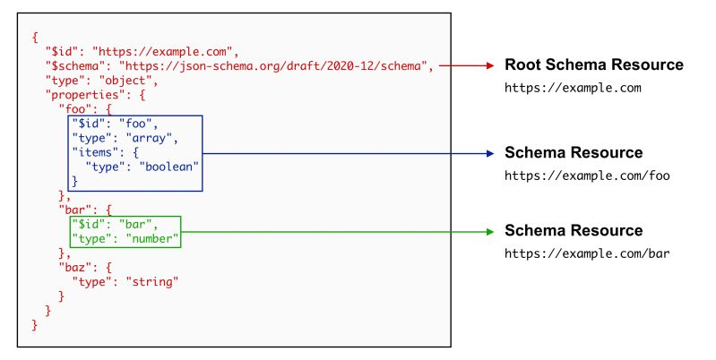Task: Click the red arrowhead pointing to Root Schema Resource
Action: click(x=489, y=65)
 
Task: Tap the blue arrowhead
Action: click(x=489, y=153)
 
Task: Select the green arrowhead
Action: click(x=489, y=231)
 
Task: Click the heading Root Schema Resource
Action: click(x=594, y=65)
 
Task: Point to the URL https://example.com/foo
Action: click(x=587, y=176)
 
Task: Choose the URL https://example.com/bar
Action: click(x=587, y=253)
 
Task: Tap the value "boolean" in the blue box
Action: click(x=167, y=167)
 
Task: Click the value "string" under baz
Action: click(x=149, y=281)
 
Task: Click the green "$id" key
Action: click(x=88, y=224)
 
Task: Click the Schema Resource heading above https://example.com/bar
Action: click(x=574, y=231)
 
